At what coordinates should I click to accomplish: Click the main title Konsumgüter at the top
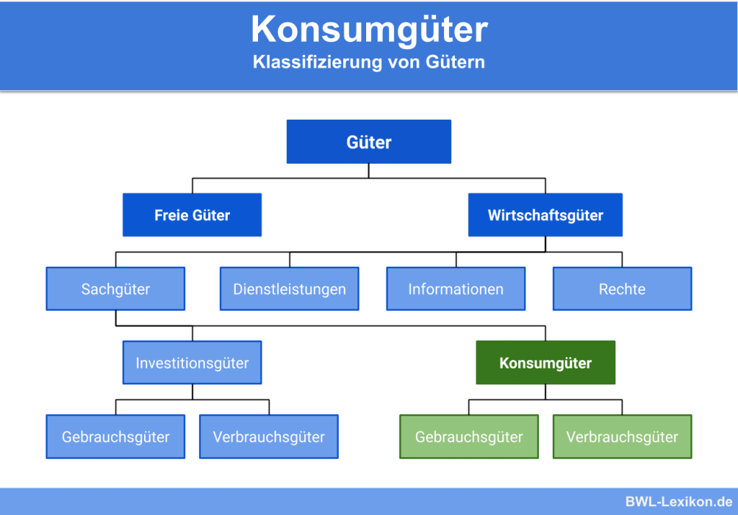coord(369,30)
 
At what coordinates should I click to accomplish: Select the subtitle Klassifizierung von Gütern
coord(369,62)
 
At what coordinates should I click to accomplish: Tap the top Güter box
coord(369,141)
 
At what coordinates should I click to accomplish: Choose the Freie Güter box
coord(192,215)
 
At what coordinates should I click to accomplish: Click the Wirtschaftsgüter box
coord(545,215)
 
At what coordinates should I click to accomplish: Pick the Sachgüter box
coord(115,289)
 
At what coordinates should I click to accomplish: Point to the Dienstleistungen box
coord(289,289)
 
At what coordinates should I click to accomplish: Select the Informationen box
coord(455,289)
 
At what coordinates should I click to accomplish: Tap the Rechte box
coord(622,289)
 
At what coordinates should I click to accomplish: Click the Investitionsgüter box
coord(192,363)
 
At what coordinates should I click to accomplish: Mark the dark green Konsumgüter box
coord(546,363)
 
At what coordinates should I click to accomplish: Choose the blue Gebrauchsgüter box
coord(115,437)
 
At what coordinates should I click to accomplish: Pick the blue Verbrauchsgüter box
coord(269,437)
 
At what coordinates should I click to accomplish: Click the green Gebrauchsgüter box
coord(469,437)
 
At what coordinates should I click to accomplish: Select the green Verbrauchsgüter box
coord(622,437)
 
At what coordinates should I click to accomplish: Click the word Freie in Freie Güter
coord(171,215)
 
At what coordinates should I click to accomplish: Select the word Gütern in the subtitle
coord(455,62)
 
